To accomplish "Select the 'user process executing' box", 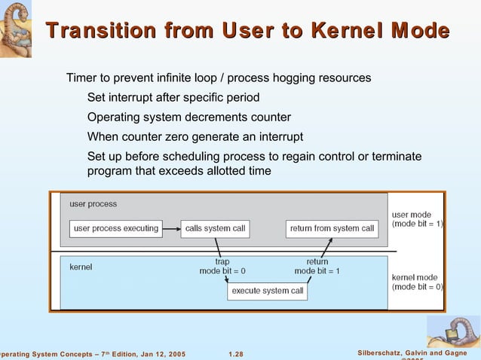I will tap(115, 228).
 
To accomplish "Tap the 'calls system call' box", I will tap(215, 228).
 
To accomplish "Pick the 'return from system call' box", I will tap(332, 228).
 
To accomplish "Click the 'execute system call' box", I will tap(267, 291).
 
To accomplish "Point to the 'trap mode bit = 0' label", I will tap(222, 266).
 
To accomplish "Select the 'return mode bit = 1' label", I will tap(317, 266).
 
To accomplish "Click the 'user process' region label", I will tap(93, 204).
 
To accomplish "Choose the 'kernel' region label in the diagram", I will tap(81, 267).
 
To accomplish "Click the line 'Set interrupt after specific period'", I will tap(173, 97).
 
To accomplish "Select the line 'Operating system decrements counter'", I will tap(188, 117).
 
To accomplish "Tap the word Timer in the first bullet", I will tap(82, 78).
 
